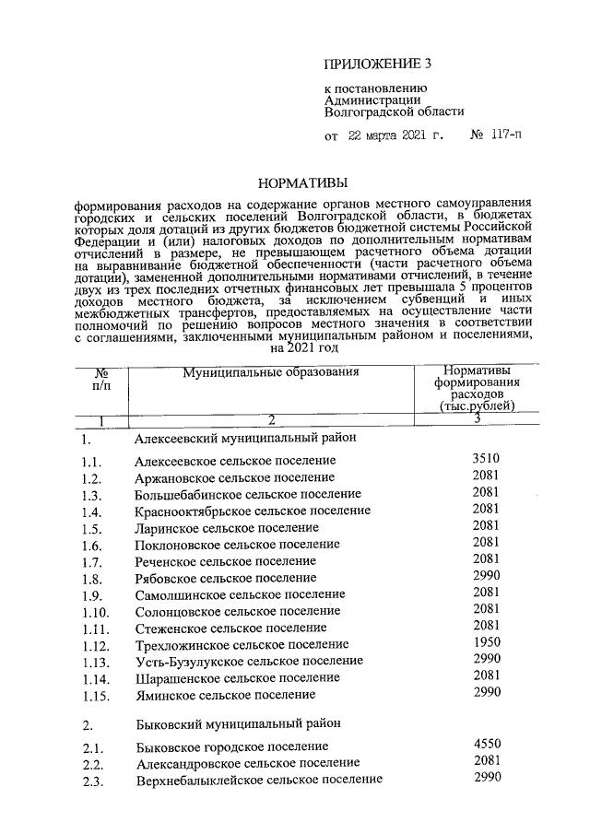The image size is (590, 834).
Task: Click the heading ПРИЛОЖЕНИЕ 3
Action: click(x=377, y=64)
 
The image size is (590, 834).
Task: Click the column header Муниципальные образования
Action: click(x=256, y=373)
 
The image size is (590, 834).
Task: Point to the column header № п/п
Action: click(x=101, y=380)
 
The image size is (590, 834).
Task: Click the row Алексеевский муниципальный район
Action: click(x=239, y=439)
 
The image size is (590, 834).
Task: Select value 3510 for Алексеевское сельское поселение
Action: click(x=485, y=458)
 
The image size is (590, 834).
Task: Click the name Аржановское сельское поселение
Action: click(x=234, y=477)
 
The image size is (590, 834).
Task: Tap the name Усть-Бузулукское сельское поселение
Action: click(x=248, y=661)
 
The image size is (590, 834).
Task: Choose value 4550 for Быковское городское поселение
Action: click(x=485, y=743)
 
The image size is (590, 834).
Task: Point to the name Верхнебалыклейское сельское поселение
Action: click(x=258, y=780)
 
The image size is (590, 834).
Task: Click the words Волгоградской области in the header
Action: click(x=394, y=111)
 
